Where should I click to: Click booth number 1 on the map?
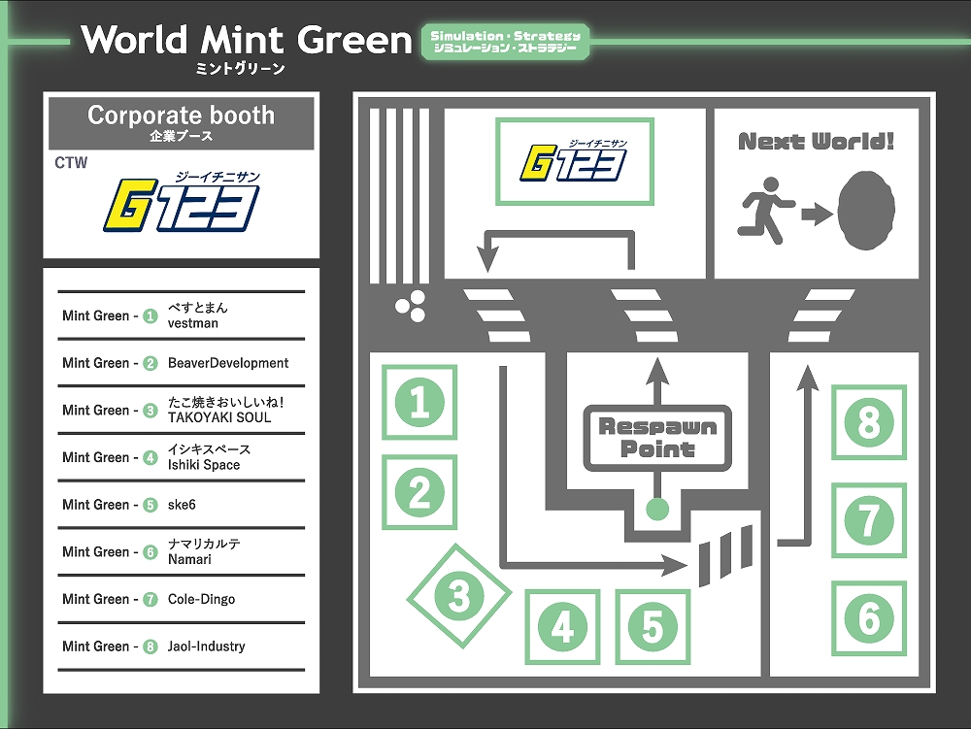click(419, 402)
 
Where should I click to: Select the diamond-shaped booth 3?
click(458, 596)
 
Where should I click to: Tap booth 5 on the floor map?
click(653, 627)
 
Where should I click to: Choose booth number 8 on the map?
click(869, 422)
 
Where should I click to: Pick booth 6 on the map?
click(869, 618)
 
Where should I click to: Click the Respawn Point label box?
click(657, 438)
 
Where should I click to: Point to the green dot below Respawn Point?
click(657, 508)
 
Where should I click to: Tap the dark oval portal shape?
click(864, 211)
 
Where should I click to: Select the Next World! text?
click(816, 142)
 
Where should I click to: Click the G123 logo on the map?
click(575, 161)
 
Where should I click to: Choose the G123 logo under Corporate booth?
click(182, 202)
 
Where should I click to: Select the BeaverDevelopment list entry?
click(228, 363)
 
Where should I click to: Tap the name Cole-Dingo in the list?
click(201, 599)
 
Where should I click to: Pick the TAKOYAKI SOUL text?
click(219, 417)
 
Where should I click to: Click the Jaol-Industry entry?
click(206, 646)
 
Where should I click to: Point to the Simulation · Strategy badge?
click(505, 41)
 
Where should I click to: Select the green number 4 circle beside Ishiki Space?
click(150, 457)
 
